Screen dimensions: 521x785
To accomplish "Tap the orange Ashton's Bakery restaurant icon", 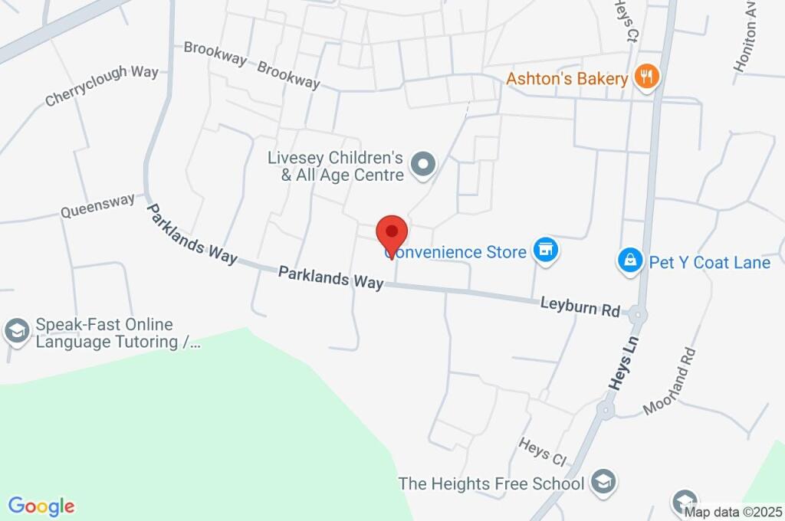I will click(648, 77).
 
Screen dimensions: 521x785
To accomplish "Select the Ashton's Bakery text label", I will click(567, 78).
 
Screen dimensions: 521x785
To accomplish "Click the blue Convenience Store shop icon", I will click(546, 250).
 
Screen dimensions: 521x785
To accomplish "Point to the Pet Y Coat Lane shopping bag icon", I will click(629, 261).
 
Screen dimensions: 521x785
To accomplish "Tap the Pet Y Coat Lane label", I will click(709, 263).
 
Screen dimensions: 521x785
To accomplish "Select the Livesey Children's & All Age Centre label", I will click(335, 167).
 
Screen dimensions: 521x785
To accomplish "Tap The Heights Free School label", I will click(491, 483).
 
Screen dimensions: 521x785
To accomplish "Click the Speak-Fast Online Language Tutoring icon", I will click(15, 331).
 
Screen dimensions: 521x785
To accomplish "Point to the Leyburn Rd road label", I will click(580, 307).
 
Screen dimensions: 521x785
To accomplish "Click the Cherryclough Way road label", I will click(101, 86).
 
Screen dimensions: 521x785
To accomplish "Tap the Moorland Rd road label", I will click(670, 381).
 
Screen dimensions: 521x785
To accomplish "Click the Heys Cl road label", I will click(542, 451).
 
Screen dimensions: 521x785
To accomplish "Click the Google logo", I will click(41, 506).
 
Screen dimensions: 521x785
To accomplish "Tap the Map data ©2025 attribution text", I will click(734, 512).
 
